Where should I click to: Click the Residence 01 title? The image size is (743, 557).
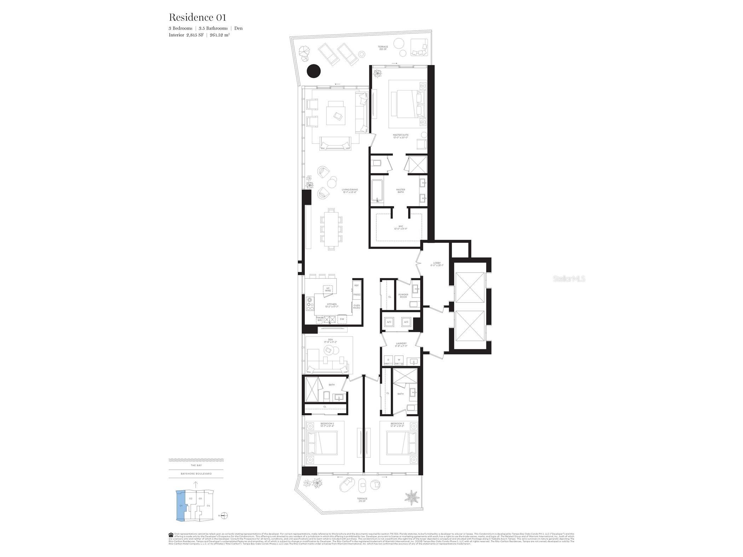[197, 17]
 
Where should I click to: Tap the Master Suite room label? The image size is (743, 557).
[401, 136]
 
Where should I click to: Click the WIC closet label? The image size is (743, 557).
[401, 227]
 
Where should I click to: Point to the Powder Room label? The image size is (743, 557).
[403, 295]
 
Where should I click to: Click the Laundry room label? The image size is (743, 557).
[401, 344]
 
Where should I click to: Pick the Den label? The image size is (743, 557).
[330, 341]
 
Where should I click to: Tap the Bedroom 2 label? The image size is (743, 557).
[327, 424]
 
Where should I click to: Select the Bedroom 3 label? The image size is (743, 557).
[397, 424]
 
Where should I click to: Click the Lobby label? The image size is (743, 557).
[436, 264]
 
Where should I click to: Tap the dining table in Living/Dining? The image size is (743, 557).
[331, 229]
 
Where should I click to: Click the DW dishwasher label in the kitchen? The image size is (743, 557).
[342, 319]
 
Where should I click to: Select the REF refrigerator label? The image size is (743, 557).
[356, 285]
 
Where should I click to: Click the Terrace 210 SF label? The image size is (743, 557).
[362, 500]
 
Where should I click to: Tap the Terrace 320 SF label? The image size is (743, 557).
[383, 48]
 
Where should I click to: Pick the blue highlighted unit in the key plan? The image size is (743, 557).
[181, 505]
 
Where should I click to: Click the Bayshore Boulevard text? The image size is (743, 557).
[196, 474]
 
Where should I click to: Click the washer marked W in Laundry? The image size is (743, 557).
[399, 360]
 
